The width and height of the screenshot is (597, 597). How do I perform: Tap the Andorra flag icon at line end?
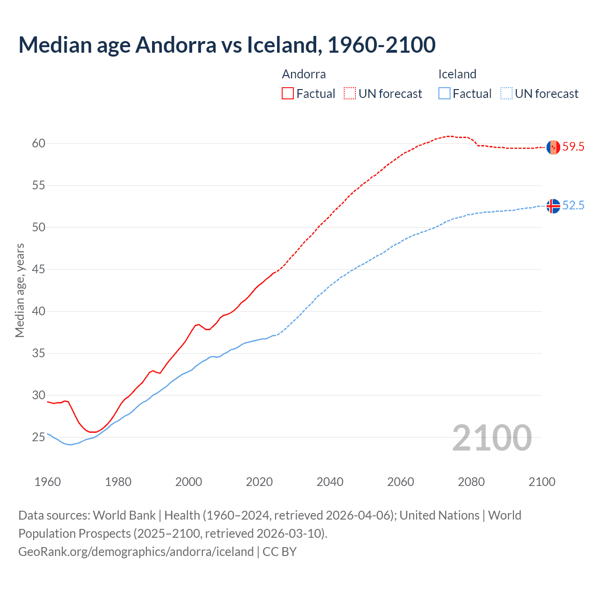553,147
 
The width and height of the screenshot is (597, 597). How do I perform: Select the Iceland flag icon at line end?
553,206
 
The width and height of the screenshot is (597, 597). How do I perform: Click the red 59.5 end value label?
573,147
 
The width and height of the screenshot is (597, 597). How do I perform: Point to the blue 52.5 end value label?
573,206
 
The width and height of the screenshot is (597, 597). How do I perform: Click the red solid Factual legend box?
288,94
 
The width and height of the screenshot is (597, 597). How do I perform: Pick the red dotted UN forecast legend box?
350,94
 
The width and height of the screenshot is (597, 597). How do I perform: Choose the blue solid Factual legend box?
444,94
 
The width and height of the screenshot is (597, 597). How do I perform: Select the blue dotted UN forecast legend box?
507,94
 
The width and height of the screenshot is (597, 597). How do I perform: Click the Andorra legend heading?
304,74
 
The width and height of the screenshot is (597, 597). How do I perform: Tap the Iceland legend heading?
457,74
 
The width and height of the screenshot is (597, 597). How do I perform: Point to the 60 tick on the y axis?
39,144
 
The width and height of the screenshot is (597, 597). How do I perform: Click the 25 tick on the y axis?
39,437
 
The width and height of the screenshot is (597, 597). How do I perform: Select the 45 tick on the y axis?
39,270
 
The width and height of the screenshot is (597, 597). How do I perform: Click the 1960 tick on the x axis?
48,482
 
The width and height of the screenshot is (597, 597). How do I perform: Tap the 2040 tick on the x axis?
330,482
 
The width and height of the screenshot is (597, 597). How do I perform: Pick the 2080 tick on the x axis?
471,482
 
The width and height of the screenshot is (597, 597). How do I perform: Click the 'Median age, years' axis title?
20,290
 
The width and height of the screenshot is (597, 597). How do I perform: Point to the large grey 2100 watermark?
492,438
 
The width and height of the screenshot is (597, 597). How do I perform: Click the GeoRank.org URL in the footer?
136,552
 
